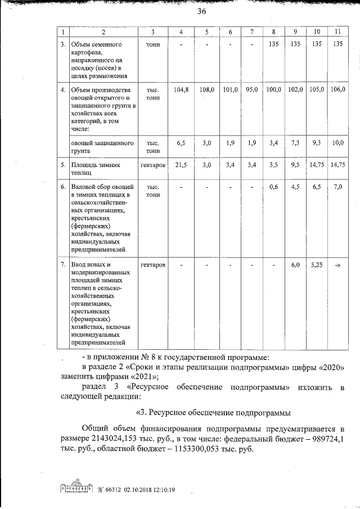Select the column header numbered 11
[x=337, y=31]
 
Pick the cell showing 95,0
[x=251, y=89]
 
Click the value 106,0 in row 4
[x=337, y=89]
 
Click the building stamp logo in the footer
[x=76, y=489]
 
